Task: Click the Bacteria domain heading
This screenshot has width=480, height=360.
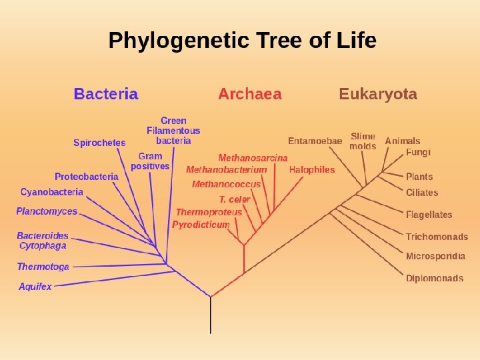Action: tap(106, 94)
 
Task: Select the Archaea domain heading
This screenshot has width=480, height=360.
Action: tap(249, 94)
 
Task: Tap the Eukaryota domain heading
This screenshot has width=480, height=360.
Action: tap(378, 94)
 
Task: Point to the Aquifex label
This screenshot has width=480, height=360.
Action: tap(35, 287)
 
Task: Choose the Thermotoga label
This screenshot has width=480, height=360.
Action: tap(43, 267)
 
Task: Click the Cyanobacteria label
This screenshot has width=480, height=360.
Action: tap(52, 192)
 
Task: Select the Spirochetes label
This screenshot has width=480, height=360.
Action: tap(99, 143)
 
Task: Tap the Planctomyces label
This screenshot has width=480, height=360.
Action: tap(47, 211)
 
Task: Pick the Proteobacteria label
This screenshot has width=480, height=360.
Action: tap(87, 177)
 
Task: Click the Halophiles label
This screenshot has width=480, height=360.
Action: tap(312, 169)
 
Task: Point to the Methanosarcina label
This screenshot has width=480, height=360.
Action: tap(253, 158)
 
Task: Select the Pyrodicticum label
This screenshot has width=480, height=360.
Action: tap(201, 225)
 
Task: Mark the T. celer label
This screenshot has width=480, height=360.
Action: tap(235, 199)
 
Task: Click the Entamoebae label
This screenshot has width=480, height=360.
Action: tap(315, 141)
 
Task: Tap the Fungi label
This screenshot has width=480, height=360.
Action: tap(418, 152)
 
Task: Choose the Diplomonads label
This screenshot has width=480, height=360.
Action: tap(435, 278)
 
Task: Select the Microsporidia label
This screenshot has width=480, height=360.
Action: tap(435, 256)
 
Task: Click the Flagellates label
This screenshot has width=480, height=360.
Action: tap(429, 215)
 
